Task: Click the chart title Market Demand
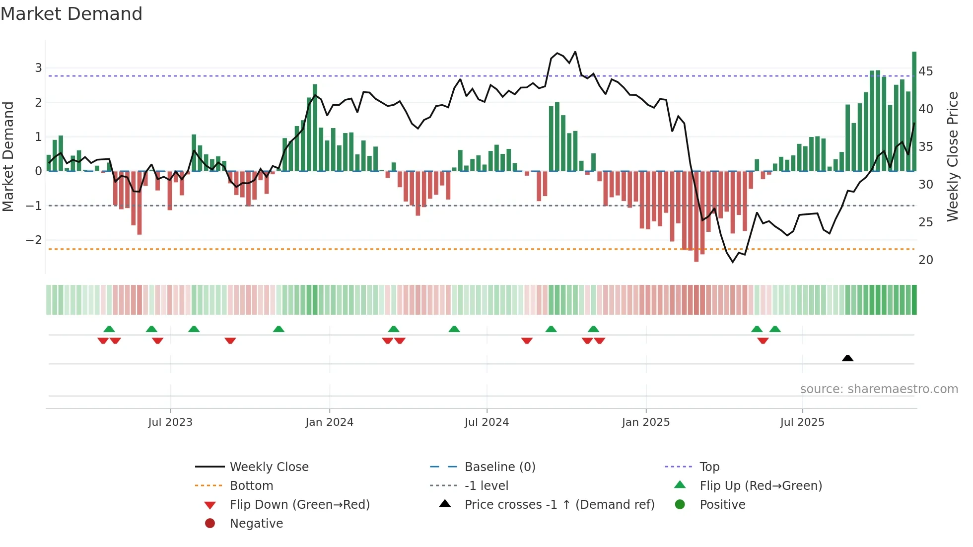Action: click(71, 14)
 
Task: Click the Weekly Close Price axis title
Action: click(952, 156)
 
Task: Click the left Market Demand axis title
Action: click(8, 156)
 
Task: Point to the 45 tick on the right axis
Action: click(925, 71)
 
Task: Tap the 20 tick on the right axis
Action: click(925, 260)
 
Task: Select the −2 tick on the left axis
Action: click(34, 240)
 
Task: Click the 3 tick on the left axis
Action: click(38, 68)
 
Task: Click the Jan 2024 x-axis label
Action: click(329, 422)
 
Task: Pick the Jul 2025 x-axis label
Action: click(802, 422)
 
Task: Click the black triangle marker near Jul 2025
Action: click(847, 358)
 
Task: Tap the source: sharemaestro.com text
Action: click(879, 389)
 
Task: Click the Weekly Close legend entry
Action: click(269, 467)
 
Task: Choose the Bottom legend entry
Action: click(251, 486)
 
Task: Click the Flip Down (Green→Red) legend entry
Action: click(299, 505)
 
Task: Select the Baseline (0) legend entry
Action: click(499, 467)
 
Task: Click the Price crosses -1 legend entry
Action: click(559, 505)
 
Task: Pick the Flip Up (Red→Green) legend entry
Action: click(761, 486)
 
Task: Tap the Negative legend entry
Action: click(256, 524)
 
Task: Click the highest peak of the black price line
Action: click(575, 52)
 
